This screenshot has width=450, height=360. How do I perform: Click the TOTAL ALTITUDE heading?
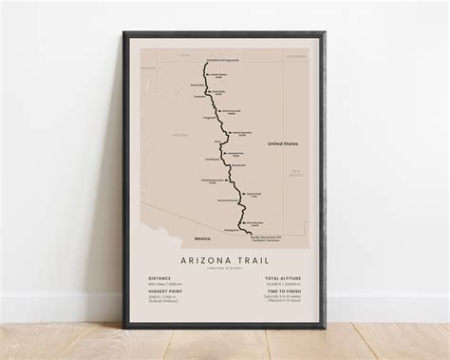tap(283, 278)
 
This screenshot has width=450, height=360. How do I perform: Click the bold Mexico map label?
tap(201, 237)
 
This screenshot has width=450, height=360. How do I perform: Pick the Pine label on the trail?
tap(217, 142)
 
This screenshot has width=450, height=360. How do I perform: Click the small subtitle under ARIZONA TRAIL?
tap(225, 269)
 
